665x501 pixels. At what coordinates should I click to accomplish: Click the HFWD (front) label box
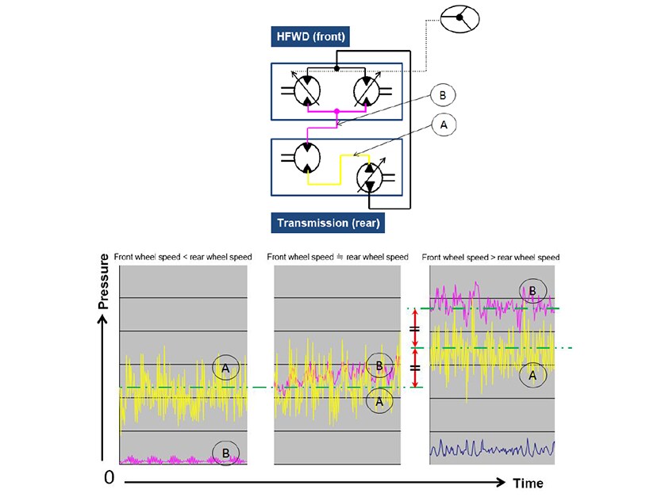310,36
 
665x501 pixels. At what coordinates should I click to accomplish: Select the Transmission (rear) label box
328,223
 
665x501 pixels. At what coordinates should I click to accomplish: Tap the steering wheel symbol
459,18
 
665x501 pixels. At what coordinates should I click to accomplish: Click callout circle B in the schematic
443,95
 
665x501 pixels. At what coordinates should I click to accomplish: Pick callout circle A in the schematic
444,125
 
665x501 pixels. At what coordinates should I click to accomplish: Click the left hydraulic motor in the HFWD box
306,90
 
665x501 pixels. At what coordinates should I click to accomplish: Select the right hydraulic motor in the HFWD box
367,90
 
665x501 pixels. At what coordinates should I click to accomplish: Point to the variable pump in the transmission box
371,178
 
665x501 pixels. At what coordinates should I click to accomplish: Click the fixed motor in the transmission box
307,158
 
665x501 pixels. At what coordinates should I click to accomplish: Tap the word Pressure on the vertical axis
103,281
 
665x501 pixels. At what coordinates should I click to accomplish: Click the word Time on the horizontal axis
528,484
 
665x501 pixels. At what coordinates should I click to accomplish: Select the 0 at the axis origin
109,478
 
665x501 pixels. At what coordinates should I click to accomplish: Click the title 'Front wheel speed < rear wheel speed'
183,257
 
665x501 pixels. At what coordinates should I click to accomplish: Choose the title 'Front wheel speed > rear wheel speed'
490,257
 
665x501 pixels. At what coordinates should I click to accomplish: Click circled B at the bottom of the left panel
225,453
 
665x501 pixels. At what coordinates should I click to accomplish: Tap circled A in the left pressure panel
225,368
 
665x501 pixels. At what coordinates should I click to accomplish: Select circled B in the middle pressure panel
379,365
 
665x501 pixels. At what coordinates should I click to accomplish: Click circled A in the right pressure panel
532,375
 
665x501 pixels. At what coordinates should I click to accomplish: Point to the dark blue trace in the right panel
492,448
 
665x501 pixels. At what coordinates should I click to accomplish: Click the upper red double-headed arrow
416,328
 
